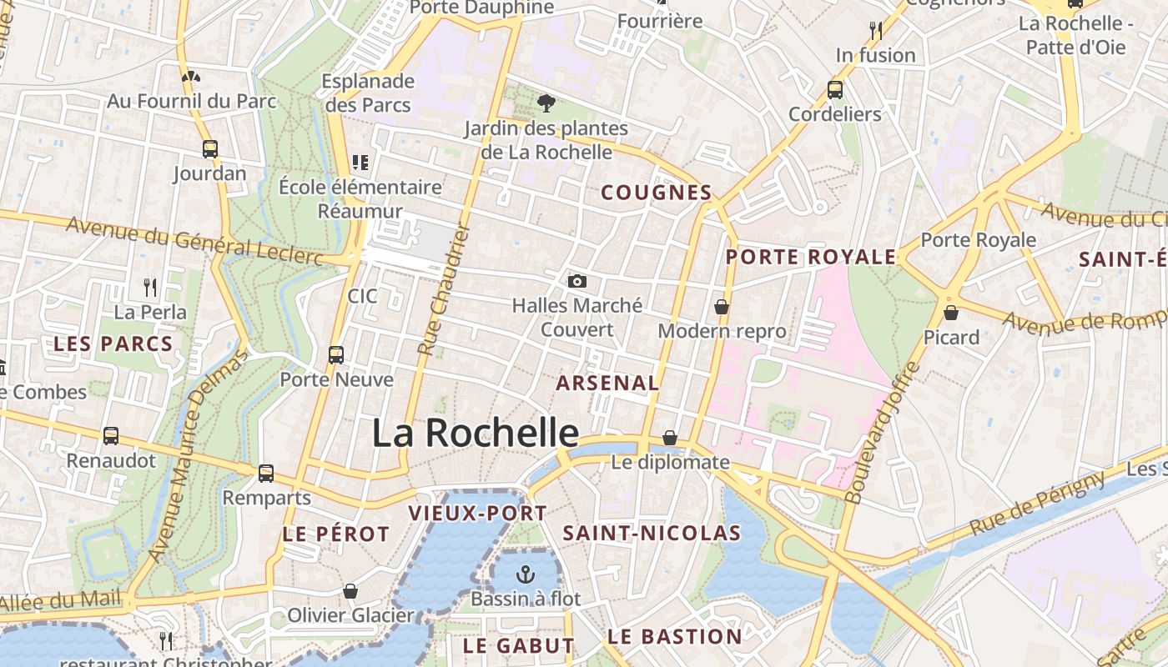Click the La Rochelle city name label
475,433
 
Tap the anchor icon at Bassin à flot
525,574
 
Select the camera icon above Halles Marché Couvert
576,282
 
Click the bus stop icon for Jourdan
210,149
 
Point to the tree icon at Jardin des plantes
546,103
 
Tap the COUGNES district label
656,193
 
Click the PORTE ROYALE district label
810,257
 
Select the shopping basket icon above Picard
950,313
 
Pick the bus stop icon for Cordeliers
834,89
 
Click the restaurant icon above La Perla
150,288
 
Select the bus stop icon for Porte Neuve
336,355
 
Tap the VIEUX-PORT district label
477,513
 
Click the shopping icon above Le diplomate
669,438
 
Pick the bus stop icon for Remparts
266,474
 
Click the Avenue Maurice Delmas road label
197,457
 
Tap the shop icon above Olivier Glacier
350,591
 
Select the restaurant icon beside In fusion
875,31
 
